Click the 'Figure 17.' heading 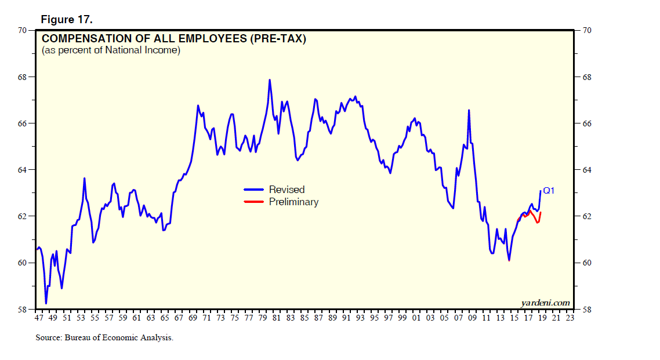click(x=67, y=20)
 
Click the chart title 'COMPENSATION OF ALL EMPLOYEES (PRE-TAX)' click(x=174, y=39)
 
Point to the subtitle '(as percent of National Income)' click(x=111, y=50)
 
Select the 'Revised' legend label click(x=287, y=190)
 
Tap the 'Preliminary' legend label click(x=293, y=202)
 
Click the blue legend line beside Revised click(x=254, y=190)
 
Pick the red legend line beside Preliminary click(x=254, y=202)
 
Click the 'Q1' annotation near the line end click(x=549, y=190)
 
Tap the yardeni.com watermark click(x=545, y=303)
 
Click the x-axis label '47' click(x=39, y=318)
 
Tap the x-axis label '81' click(x=276, y=318)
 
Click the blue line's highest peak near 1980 click(x=270, y=80)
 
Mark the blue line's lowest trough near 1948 click(x=46, y=303)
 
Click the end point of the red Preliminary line click(x=541, y=213)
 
